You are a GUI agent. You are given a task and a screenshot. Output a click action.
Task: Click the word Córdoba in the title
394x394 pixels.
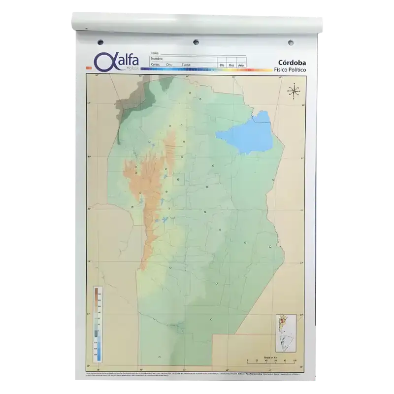tap(291, 63)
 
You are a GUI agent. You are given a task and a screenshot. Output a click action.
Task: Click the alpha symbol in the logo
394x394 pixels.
tap(103, 62)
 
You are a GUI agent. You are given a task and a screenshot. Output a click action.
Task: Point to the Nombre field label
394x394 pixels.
tap(157, 59)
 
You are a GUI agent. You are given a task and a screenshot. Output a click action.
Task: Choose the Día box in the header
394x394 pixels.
tap(222, 65)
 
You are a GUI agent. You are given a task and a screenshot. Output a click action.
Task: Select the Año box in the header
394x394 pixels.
tap(241, 65)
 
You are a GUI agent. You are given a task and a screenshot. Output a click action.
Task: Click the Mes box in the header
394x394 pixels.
tap(231, 65)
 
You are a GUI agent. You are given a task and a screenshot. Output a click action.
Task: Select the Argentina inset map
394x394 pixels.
tap(285, 332)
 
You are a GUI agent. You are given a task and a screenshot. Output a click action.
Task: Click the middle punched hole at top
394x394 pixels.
tap(196, 41)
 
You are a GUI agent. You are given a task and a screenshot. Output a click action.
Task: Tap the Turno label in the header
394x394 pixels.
tap(185, 65)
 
